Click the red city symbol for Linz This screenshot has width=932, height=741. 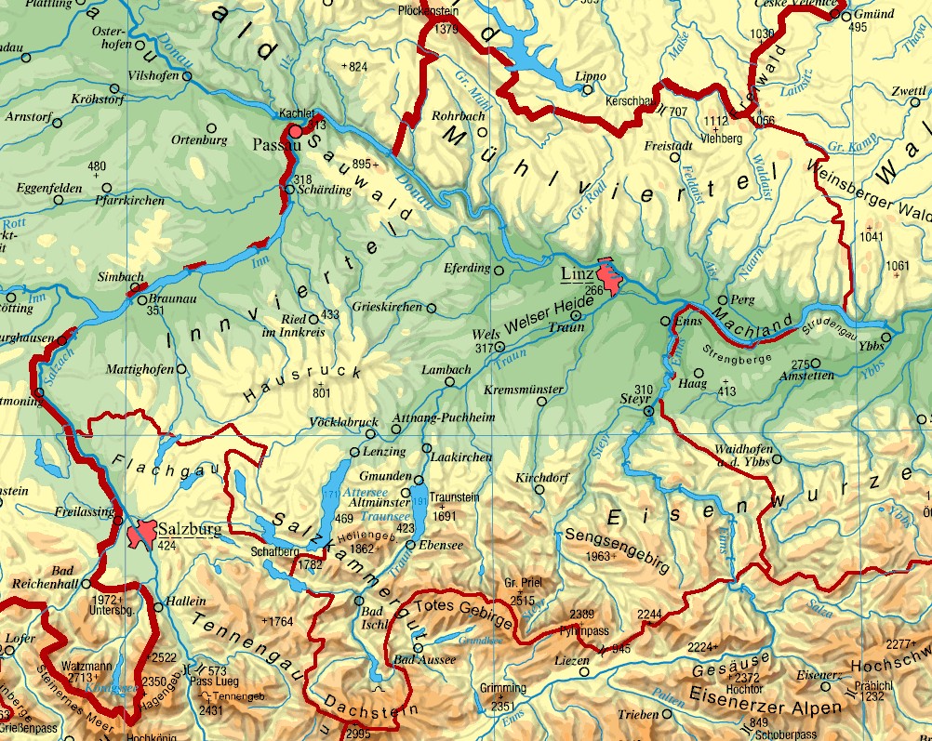pos(610,277)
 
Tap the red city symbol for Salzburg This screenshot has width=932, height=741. pos(143,534)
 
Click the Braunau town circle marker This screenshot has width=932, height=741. pos(141,298)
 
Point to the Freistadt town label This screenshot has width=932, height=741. pos(667,146)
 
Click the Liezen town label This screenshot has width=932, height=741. pos(571,660)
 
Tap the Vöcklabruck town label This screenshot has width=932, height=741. pos(343,421)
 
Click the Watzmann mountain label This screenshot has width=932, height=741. pos(87,666)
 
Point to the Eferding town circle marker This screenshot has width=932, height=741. pos(499,271)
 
